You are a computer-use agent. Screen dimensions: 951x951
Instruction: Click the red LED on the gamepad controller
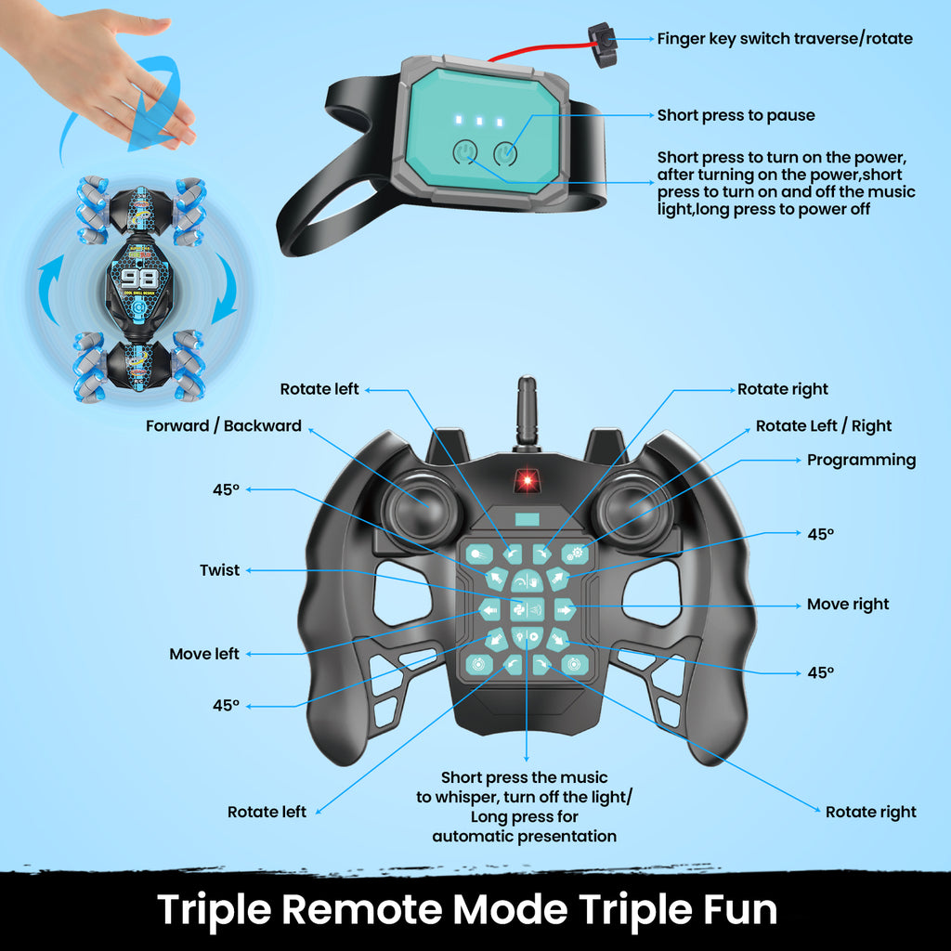tap(528, 480)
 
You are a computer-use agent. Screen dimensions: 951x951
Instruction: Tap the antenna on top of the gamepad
tap(527, 413)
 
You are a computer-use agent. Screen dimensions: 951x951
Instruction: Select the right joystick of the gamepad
tap(633, 508)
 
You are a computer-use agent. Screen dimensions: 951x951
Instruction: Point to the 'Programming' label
tap(861, 461)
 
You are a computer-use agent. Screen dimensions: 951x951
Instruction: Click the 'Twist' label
tap(219, 570)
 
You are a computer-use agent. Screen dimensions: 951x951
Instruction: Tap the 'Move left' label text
tap(204, 654)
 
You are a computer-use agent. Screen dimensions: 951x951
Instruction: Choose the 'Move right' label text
tap(848, 605)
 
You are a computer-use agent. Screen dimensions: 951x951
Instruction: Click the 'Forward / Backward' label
tap(223, 425)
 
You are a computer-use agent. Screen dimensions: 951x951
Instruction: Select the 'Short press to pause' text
tap(736, 115)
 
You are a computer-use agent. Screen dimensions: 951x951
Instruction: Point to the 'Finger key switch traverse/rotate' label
tap(785, 39)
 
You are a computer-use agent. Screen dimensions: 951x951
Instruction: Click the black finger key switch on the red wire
tap(603, 45)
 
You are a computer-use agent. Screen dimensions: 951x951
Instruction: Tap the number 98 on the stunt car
tap(139, 279)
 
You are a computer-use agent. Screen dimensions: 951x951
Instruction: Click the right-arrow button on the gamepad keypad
tap(564, 609)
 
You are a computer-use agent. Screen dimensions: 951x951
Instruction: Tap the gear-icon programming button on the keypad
tap(574, 554)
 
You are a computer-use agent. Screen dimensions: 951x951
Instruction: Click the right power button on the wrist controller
tap(505, 153)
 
